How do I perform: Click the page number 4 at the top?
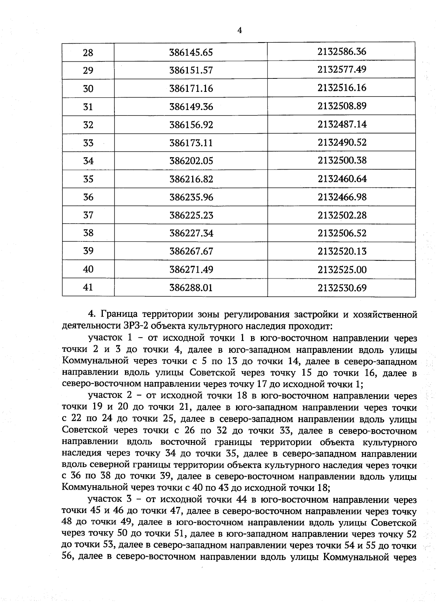[239, 30]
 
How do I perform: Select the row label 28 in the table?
[88, 53]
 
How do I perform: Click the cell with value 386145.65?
[191, 52]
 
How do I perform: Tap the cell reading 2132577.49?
[342, 69]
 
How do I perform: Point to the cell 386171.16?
[191, 89]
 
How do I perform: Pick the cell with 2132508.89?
[342, 106]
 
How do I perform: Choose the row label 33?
[88, 143]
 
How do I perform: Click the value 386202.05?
[191, 161]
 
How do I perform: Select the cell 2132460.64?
[342, 179]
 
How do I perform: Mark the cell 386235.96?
[191, 197]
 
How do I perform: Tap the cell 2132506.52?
[342, 233]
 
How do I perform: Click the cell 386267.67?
[191, 251]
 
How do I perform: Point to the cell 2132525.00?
[342, 270]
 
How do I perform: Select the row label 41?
[88, 288]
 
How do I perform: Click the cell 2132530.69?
[342, 288]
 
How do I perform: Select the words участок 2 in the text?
[110, 396]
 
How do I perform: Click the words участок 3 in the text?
[110, 500]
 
